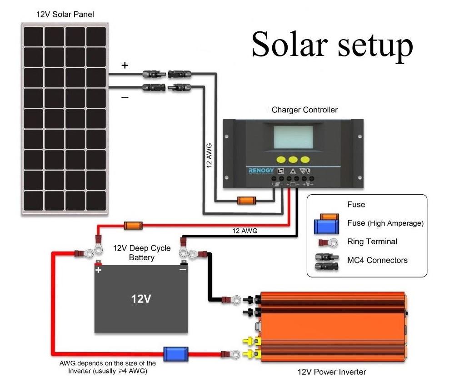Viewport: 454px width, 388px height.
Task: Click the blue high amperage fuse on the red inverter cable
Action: pyautogui.click(x=175, y=354)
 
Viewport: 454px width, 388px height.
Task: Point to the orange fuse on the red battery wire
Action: pyautogui.click(x=133, y=225)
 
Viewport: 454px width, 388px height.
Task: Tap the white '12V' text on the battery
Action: pyautogui.click(x=141, y=299)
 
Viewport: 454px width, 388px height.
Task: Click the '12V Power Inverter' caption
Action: pyautogui.click(x=331, y=372)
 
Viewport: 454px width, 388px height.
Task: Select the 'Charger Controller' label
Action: pyautogui.click(x=304, y=110)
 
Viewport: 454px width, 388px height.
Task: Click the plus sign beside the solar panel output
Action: pyautogui.click(x=125, y=66)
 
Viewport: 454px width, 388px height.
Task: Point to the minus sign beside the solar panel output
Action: pyautogui.click(x=125, y=97)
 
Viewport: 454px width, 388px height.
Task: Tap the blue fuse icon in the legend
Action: pyautogui.click(x=327, y=226)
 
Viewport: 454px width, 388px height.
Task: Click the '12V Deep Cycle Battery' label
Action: pyautogui.click(x=141, y=253)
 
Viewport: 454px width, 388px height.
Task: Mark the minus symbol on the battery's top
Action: pyautogui.click(x=182, y=269)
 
